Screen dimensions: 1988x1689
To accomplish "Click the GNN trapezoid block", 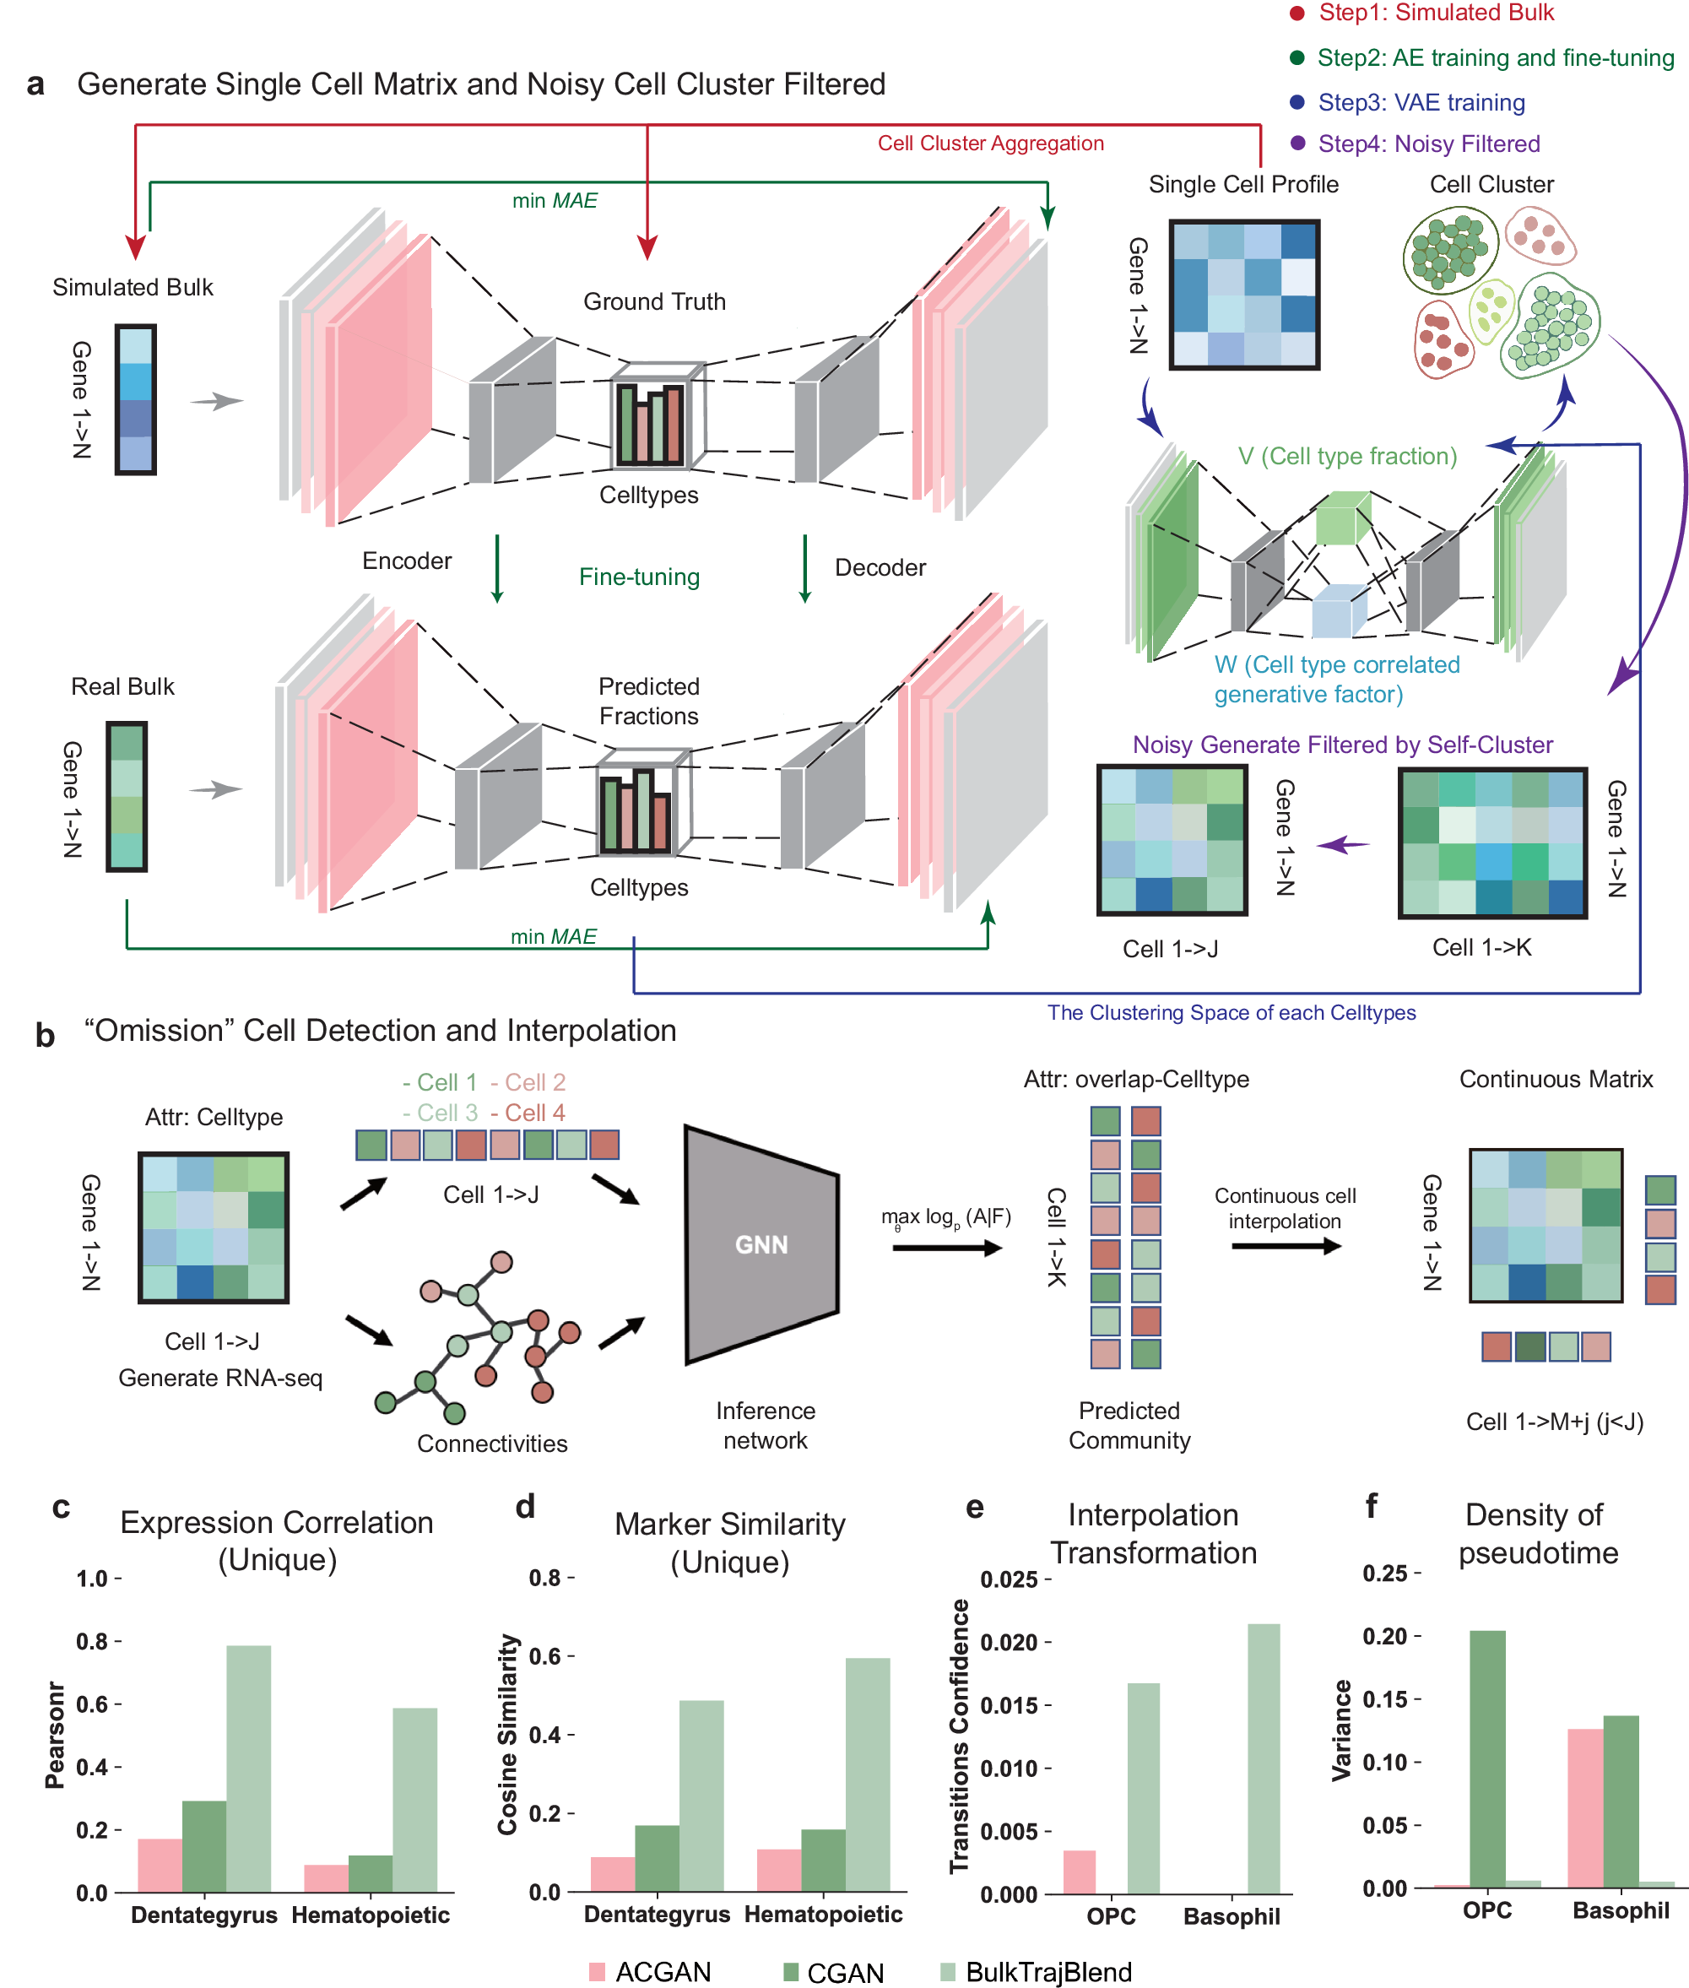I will click(x=761, y=1244).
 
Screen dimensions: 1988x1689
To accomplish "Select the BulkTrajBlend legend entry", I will click(x=1048, y=1972).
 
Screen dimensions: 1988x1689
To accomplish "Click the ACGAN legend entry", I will click(x=663, y=1972).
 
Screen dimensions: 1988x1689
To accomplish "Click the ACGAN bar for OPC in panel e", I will click(x=1079, y=1872).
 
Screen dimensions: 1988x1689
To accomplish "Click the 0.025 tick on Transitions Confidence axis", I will click(x=1010, y=1580).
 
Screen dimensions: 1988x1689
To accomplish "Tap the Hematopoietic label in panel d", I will click(x=824, y=1915).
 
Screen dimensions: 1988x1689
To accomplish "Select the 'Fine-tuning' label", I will click(x=640, y=577).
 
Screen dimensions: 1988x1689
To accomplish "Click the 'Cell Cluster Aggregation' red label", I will click(x=990, y=144).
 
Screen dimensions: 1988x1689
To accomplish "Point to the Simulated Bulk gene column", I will click(x=136, y=399).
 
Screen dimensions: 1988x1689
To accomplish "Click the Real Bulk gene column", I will click(x=127, y=796).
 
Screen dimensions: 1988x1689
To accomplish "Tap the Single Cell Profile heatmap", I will click(x=1244, y=294).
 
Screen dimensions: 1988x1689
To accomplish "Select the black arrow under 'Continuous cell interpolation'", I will click(x=1285, y=1246).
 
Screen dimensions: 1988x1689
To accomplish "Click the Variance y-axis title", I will click(x=1342, y=1730).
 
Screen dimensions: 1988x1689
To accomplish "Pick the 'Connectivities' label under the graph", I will click(x=492, y=1444).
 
